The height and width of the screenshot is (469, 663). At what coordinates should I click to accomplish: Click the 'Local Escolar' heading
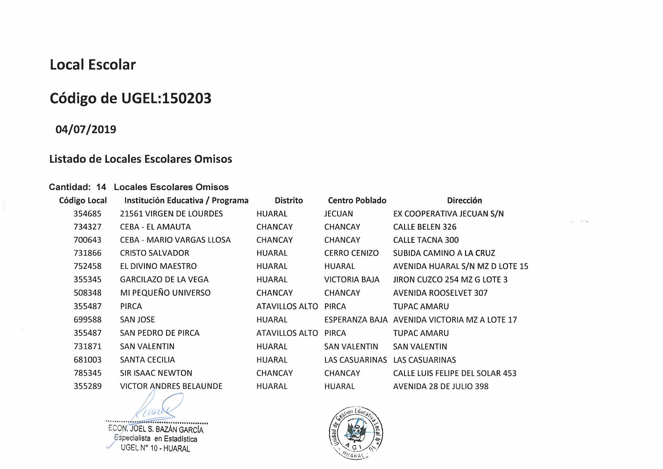click(x=93, y=65)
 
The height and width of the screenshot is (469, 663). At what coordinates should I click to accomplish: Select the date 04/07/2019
click(x=86, y=129)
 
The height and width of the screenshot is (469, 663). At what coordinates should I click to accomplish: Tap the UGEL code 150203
click(x=187, y=98)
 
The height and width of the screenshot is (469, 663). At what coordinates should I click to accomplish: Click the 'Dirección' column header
click(x=464, y=200)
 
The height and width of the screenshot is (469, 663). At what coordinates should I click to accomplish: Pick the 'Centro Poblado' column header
click(x=357, y=200)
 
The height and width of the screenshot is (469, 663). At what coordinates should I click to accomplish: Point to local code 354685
click(x=87, y=214)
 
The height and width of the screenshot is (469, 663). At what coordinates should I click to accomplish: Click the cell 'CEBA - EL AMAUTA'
click(x=155, y=227)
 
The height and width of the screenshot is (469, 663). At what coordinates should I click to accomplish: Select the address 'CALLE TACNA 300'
click(x=426, y=240)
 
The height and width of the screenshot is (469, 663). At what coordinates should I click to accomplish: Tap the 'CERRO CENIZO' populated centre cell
click(x=351, y=253)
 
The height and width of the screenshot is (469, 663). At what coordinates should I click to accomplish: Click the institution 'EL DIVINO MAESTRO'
click(x=158, y=266)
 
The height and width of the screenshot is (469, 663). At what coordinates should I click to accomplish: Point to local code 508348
click(x=87, y=293)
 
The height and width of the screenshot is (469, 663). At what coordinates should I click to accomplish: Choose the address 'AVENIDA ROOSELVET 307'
click(x=440, y=293)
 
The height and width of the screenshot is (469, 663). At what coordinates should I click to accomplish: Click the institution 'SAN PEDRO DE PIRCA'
click(x=160, y=333)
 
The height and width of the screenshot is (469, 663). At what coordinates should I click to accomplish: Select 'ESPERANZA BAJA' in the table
click(x=356, y=320)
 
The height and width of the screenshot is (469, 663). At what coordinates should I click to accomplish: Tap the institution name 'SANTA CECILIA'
click(x=147, y=360)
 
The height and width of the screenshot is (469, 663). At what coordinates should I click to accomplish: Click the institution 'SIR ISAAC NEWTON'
click(x=156, y=373)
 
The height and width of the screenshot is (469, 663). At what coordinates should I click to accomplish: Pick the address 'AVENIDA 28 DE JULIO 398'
click(x=441, y=386)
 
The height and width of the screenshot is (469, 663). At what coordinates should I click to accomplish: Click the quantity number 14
click(x=101, y=187)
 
